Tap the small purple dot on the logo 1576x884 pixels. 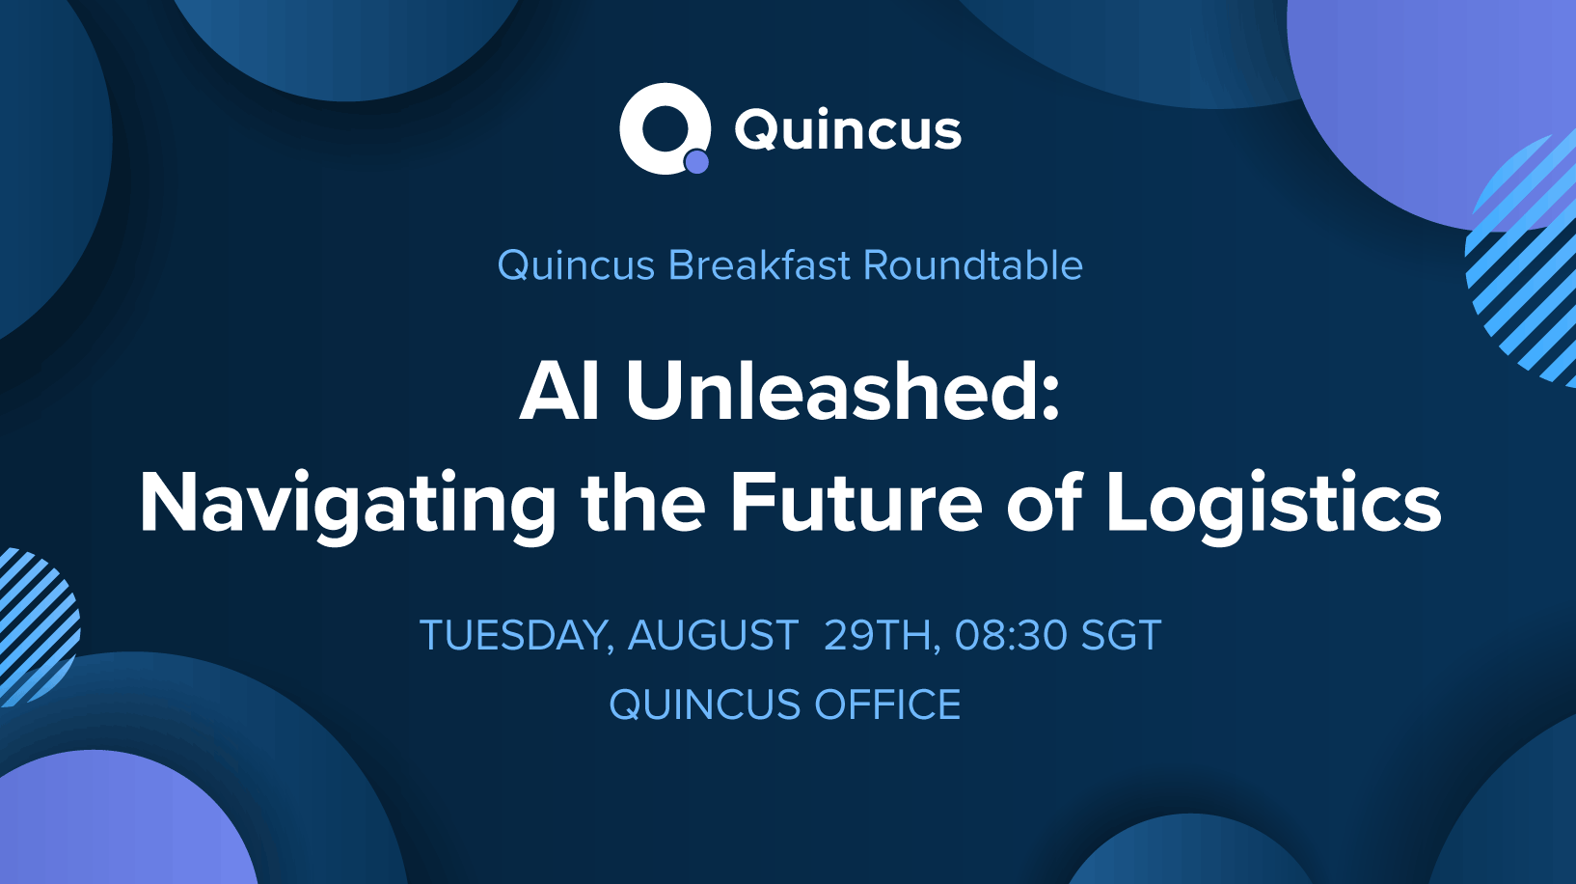[696, 162]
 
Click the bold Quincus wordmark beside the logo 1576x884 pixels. [848, 132]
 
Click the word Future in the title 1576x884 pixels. [856, 503]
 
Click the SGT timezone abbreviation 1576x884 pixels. [1122, 635]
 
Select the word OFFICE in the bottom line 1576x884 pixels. [888, 704]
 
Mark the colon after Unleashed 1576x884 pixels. [1050, 400]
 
